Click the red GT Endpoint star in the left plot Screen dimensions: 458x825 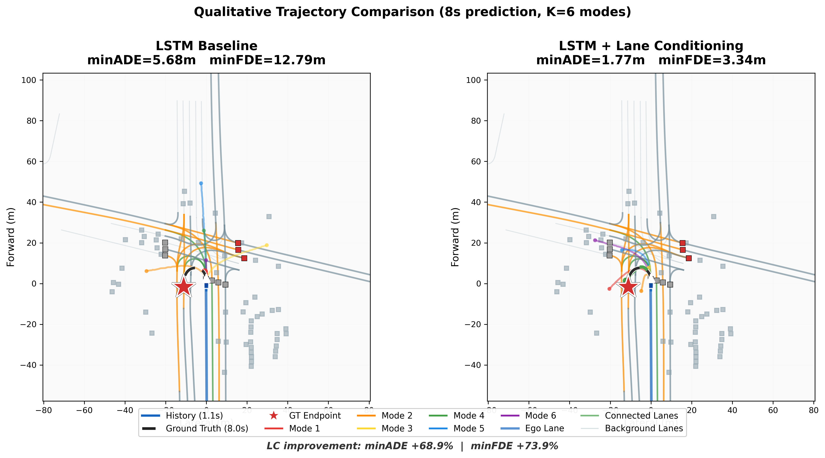183,287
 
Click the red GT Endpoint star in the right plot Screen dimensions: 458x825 628,287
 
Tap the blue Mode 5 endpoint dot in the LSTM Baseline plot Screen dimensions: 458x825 201,183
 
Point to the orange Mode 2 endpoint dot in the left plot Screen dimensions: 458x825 146,271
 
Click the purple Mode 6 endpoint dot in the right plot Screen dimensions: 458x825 595,240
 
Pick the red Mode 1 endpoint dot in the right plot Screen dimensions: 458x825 609,289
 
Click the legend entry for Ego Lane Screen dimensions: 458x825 544,428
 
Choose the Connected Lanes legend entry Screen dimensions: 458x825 641,416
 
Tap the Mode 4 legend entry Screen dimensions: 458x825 468,416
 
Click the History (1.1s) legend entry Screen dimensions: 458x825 194,416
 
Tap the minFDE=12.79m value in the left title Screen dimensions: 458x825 268,60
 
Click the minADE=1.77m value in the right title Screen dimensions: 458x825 590,60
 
